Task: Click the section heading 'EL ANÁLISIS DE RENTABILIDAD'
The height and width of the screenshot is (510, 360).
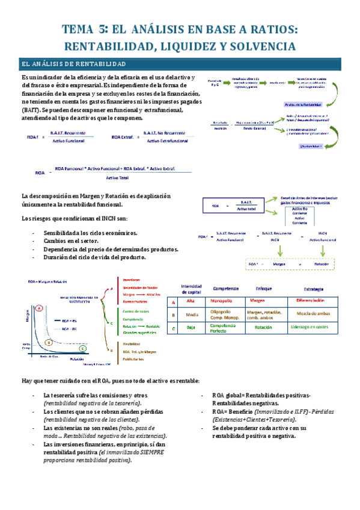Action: [x=73, y=64]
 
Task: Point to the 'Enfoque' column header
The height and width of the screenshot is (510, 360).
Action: [x=263, y=288]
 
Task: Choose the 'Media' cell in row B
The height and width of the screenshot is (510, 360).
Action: [x=191, y=314]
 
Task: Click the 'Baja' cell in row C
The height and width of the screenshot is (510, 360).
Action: [x=191, y=328]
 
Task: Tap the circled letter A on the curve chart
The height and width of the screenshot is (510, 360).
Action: [x=39, y=307]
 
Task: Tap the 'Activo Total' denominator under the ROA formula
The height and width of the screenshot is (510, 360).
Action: [x=118, y=178]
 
